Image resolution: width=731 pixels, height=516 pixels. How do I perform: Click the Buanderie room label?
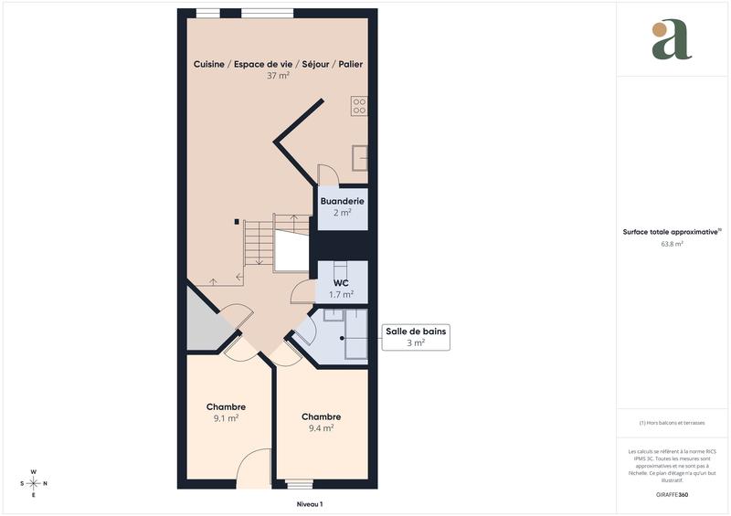pyautogui.click(x=342, y=201)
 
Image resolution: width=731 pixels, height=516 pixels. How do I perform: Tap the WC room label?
pyautogui.click(x=341, y=283)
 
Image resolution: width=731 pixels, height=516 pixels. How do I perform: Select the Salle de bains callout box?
pyautogui.click(x=416, y=337)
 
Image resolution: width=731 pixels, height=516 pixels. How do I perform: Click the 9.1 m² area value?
pyautogui.click(x=226, y=418)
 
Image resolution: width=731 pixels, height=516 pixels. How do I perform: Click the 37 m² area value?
pyautogui.click(x=278, y=76)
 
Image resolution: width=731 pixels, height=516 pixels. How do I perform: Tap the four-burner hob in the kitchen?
pyautogui.click(x=359, y=106)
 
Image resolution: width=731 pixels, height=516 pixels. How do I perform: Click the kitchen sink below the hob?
pyautogui.click(x=360, y=158)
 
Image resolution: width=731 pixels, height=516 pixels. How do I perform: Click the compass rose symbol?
pyautogui.click(x=34, y=482)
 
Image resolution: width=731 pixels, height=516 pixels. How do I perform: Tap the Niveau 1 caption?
pyautogui.click(x=309, y=503)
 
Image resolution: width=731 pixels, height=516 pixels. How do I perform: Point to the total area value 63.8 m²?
pyautogui.click(x=672, y=244)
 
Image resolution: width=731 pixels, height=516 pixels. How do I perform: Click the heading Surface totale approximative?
pyautogui.click(x=672, y=232)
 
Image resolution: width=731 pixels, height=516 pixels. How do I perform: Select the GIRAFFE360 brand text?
pyautogui.click(x=672, y=494)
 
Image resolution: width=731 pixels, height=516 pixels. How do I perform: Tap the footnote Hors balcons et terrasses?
pyautogui.click(x=672, y=423)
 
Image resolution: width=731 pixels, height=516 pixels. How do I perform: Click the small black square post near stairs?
pyautogui.click(x=237, y=221)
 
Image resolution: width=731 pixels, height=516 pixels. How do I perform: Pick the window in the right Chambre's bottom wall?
pyautogui.click(x=298, y=483)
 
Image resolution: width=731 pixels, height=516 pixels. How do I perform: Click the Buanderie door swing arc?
pyautogui.click(x=327, y=174)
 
